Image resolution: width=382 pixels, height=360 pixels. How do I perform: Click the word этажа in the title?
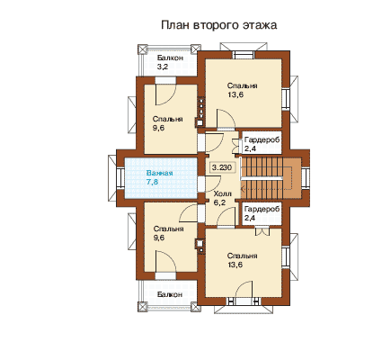pyautogui.click(x=260, y=25)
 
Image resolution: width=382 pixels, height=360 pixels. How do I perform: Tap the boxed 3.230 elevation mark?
pyautogui.click(x=222, y=167)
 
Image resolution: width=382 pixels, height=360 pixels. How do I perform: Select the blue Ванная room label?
pyautogui.click(x=159, y=173)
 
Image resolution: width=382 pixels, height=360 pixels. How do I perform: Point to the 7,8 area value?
pyautogui.click(x=152, y=182)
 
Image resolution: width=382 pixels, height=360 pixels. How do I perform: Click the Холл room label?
pyautogui.click(x=222, y=193)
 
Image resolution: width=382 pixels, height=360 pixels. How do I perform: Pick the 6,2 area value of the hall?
pyautogui.click(x=219, y=202)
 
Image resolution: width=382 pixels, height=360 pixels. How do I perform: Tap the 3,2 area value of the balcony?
pyautogui.click(x=163, y=67)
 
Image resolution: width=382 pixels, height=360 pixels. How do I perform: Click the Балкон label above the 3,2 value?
pyautogui.click(x=170, y=58)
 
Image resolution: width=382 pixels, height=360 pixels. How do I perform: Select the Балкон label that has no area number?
pyautogui.click(x=170, y=294)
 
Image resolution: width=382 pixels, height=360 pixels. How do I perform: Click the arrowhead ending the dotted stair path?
pyautogui.click(x=243, y=189)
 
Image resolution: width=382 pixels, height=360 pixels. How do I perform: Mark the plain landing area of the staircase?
pyautogui.click(x=292, y=178)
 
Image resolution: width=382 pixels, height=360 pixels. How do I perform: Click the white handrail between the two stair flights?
pyautogui.click(x=262, y=178)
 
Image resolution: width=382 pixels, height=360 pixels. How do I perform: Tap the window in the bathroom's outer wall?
pyautogui.click(x=120, y=178)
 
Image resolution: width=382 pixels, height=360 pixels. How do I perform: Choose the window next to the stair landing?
pyautogui.click(x=306, y=178)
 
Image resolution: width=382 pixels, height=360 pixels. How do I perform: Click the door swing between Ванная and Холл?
pyautogui.click(x=213, y=184)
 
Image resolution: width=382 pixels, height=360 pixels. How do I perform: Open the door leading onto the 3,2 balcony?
pyautogui.click(x=165, y=94)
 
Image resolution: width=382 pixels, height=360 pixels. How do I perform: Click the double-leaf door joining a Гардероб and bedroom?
pyautogui.click(x=262, y=231)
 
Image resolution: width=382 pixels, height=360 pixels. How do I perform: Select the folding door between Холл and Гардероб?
pyautogui.click(x=237, y=147)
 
